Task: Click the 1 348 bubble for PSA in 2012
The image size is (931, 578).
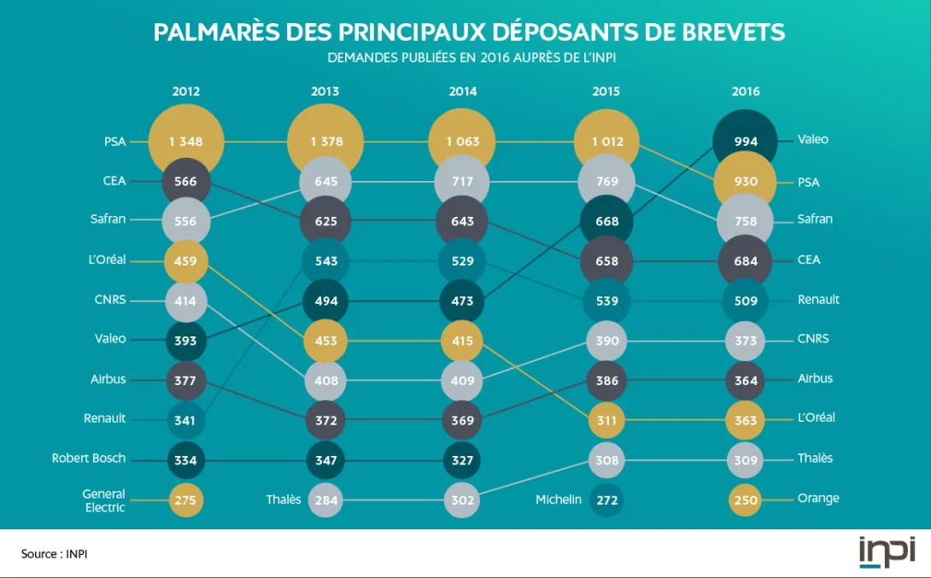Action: click(186, 142)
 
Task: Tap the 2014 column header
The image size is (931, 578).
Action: click(463, 91)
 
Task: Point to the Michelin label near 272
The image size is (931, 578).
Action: click(559, 499)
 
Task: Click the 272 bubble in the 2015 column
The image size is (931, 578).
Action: click(606, 499)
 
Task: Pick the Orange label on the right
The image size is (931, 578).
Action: click(818, 498)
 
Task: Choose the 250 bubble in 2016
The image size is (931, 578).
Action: click(746, 499)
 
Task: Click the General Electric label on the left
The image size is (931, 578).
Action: click(103, 500)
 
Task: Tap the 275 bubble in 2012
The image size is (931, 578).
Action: click(185, 499)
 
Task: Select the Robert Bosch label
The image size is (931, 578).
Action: click(89, 458)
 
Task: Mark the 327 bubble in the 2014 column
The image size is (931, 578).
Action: click(463, 460)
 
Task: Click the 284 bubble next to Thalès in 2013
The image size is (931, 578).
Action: click(325, 499)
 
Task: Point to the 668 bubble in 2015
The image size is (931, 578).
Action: click(606, 221)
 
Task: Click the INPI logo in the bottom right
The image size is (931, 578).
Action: click(887, 552)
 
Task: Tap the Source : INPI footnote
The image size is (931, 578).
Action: click(55, 554)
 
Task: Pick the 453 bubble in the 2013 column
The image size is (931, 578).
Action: click(325, 341)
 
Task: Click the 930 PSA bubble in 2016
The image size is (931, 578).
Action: click(746, 182)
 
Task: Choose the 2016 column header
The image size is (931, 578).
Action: click(746, 91)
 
